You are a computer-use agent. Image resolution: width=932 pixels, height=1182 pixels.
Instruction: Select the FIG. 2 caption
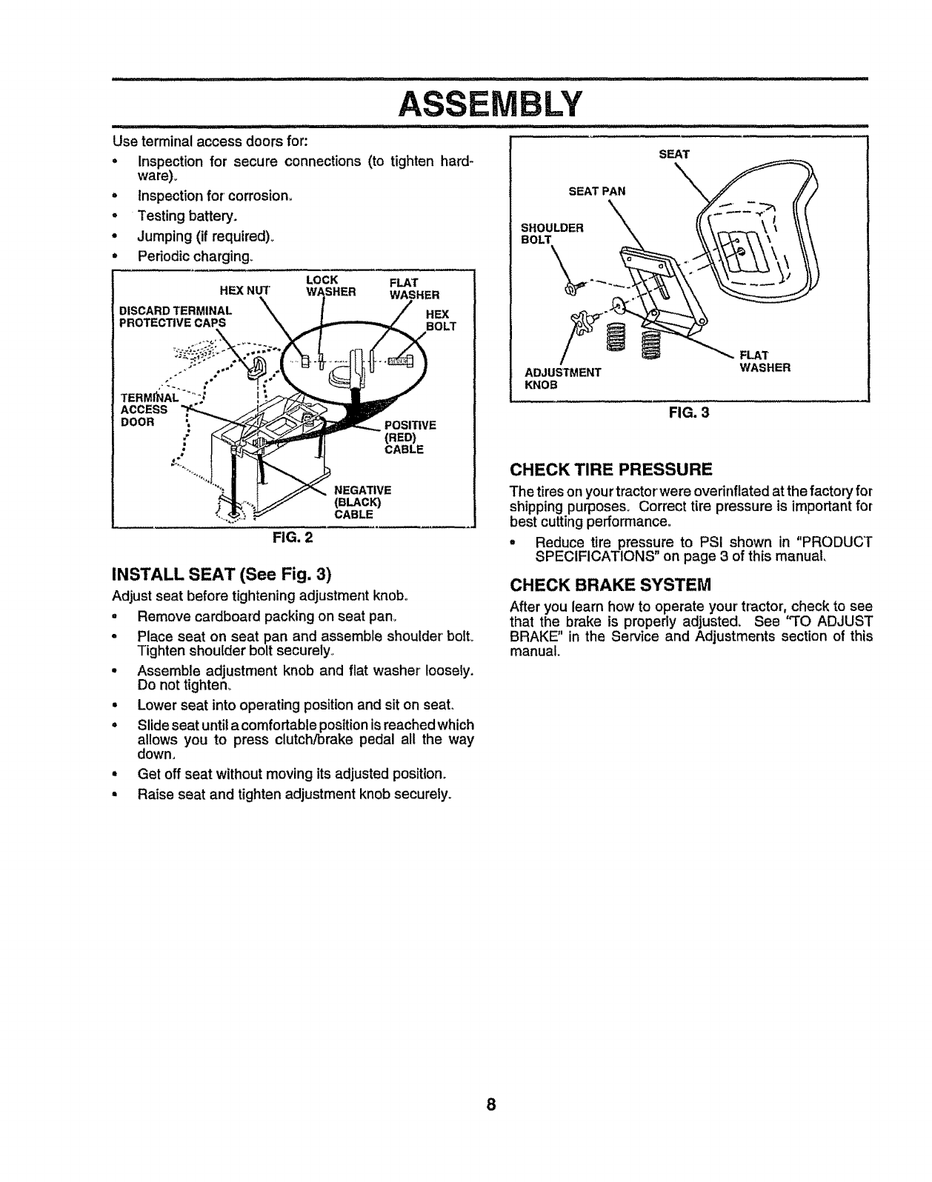tap(293, 538)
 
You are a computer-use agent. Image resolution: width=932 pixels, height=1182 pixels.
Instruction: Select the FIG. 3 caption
tap(690, 413)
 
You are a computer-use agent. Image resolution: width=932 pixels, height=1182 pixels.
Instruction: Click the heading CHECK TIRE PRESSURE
tap(611, 469)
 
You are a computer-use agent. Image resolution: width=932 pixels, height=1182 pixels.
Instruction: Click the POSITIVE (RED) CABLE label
tap(405, 437)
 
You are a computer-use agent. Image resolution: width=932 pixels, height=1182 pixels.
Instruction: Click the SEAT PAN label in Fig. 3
tap(596, 191)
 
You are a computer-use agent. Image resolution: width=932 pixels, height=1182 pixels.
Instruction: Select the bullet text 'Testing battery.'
tap(187, 216)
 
